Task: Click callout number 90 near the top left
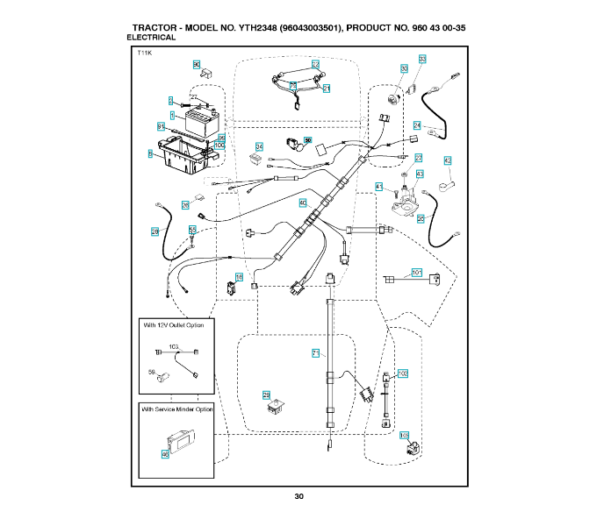tap(197, 64)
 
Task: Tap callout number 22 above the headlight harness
tap(314, 64)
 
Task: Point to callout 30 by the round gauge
tap(404, 68)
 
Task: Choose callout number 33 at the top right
tap(422, 59)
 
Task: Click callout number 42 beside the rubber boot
tap(447, 160)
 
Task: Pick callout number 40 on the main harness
tap(303, 203)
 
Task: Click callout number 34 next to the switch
tap(259, 146)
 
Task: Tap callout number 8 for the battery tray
tap(150, 153)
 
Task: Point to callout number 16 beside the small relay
tap(239, 277)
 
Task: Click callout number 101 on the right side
tap(417, 272)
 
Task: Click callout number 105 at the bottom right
tap(404, 435)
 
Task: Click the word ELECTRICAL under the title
tap(151, 38)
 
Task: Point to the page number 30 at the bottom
tap(299, 497)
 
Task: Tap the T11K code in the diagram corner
tap(145, 54)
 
